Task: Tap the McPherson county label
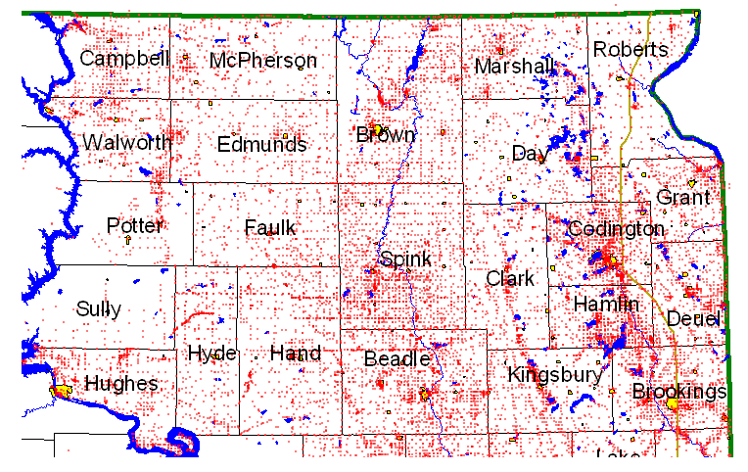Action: [263, 61]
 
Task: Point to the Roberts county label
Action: [631, 50]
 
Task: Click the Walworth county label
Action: [127, 143]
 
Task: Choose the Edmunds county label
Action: [261, 145]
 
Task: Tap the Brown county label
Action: [386, 135]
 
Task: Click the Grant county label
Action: [683, 198]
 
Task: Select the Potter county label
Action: [134, 226]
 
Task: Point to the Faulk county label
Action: [269, 228]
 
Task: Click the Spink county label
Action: [404, 260]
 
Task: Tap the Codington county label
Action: [617, 229]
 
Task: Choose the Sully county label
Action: [99, 309]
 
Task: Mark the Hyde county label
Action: [211, 353]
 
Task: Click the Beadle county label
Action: [397, 359]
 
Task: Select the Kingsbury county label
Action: [554, 375]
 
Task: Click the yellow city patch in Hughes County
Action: [62, 391]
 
